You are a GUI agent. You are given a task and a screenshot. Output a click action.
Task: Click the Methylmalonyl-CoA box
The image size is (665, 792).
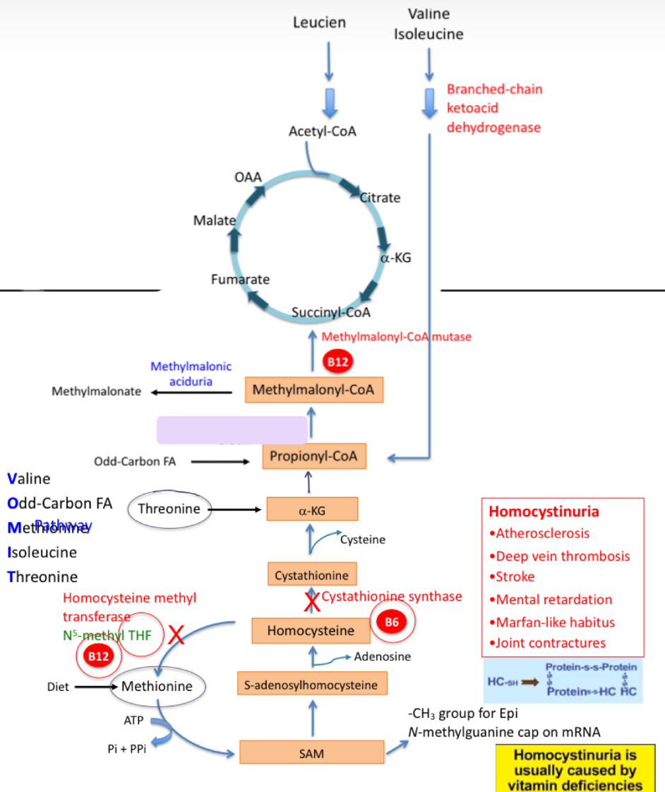pos(313,389)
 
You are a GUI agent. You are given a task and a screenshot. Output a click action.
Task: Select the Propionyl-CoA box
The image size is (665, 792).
pos(314,456)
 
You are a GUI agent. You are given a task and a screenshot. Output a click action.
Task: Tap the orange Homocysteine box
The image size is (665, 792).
pos(312,630)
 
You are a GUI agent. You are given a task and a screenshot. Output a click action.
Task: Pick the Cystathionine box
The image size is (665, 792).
pos(312,574)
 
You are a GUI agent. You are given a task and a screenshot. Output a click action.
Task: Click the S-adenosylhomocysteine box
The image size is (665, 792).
pos(311,685)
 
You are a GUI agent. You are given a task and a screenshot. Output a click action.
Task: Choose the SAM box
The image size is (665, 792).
pos(311,753)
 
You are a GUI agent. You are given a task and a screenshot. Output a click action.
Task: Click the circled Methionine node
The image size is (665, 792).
pos(157,685)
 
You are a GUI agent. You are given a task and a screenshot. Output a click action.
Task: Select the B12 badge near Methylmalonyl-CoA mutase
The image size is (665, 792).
pos(337,362)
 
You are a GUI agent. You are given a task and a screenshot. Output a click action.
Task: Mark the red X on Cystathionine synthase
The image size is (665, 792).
pos(311,601)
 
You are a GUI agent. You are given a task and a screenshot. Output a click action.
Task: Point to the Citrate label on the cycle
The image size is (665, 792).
pos(381,198)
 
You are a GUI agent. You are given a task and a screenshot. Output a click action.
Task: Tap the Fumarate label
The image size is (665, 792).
pos(240,279)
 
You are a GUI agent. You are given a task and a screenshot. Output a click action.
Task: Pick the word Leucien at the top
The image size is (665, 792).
pos(320,23)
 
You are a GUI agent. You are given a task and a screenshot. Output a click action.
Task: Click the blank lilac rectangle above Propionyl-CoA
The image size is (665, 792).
pos(232,430)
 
